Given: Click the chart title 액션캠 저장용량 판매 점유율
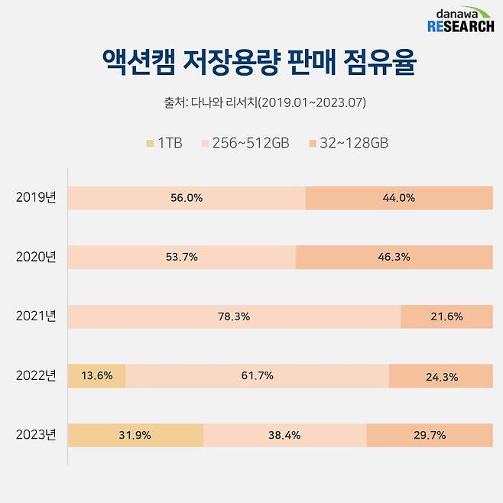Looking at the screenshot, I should coord(251,63).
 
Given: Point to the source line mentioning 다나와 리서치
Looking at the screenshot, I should coord(251,102).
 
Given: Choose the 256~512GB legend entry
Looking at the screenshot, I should coord(245,143).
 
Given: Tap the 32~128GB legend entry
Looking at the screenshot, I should coord(344,143).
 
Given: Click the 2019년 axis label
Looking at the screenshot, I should coord(36,197).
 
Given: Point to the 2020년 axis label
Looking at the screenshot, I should coord(36,257).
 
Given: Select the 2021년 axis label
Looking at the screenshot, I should coord(36,316).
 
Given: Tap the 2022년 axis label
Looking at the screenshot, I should coord(36,375).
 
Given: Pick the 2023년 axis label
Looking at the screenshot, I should coord(36,435).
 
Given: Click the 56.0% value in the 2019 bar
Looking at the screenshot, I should coord(187,197).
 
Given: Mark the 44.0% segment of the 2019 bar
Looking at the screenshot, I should coord(398,197).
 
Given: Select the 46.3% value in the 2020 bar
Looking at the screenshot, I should coord(394,257).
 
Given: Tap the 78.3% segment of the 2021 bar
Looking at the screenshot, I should coord(234,316).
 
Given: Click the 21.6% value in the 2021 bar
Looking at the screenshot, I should coord(446,316).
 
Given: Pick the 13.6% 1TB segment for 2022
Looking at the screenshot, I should coord(97,375).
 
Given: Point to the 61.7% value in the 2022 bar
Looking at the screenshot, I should coord(257,375).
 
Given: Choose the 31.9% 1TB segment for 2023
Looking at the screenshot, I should coord(135,435).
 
